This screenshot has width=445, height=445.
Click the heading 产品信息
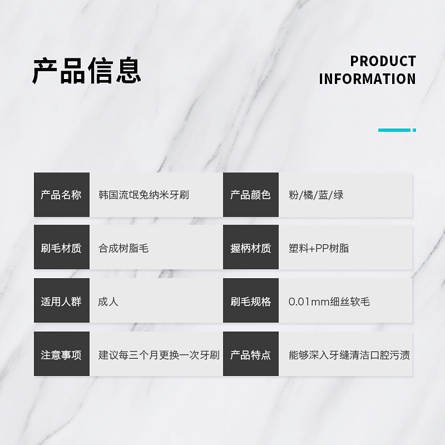tap(87, 70)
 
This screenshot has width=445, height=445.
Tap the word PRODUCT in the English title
tap(383, 61)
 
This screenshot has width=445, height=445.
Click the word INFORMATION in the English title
tap(367, 79)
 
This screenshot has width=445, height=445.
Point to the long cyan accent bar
tap(394, 130)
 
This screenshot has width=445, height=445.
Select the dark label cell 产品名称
tap(61, 195)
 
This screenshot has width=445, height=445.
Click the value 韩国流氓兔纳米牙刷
tap(144, 195)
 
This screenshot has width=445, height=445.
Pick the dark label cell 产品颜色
tap(250, 195)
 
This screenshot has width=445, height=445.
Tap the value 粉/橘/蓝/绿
tap(316, 195)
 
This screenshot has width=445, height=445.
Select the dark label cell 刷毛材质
tap(61, 248)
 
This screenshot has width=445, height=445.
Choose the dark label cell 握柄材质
tap(250, 248)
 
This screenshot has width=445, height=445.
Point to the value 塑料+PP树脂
tap(319, 248)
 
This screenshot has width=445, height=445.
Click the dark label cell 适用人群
tap(61, 301)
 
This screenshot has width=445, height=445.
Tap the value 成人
tap(108, 301)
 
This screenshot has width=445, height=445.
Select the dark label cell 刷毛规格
tap(250, 301)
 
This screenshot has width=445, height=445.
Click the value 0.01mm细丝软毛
tap(329, 301)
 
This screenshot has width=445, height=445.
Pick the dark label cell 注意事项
tap(61, 355)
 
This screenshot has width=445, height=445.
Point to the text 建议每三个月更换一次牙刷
tap(159, 355)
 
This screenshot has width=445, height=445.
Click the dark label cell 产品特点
tap(250, 355)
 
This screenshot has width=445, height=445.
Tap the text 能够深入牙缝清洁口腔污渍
tap(349, 355)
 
